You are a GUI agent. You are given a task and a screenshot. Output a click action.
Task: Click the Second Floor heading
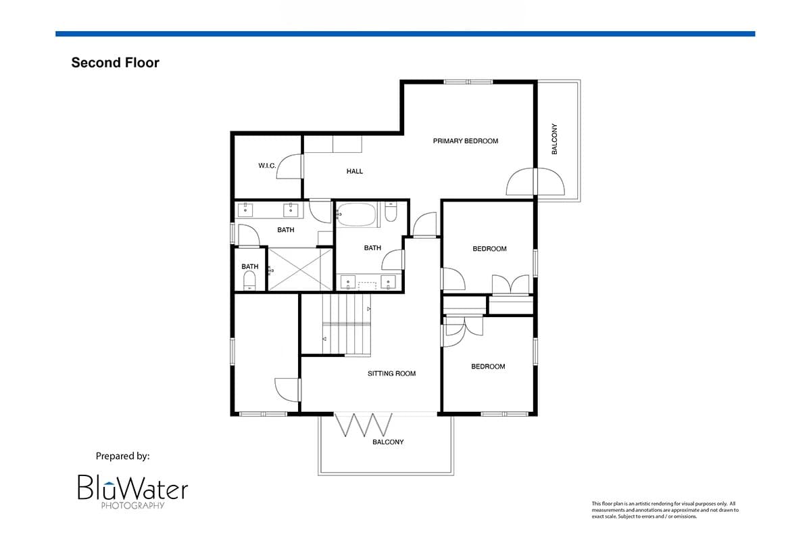tap(115, 63)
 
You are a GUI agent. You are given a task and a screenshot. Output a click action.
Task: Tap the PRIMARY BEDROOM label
tap(465, 141)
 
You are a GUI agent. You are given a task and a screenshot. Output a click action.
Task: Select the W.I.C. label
tap(267, 166)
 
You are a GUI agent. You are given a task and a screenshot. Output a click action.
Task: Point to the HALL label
tap(354, 171)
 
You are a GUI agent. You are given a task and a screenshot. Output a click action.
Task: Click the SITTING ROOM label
tap(391, 373)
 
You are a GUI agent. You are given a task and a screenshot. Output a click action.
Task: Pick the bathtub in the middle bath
tap(357, 215)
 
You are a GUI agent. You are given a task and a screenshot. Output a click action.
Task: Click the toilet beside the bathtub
tap(391, 212)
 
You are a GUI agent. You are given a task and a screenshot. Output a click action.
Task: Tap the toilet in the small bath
tap(249, 281)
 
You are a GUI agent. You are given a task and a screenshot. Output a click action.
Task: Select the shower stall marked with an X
tap(300, 269)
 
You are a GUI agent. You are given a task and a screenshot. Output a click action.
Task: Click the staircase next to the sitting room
tap(347, 325)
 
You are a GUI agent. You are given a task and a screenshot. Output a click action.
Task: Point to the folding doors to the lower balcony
tap(363, 425)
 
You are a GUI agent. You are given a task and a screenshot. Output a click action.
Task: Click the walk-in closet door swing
tap(289, 166)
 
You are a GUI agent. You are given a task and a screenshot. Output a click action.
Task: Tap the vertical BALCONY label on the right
tap(554, 139)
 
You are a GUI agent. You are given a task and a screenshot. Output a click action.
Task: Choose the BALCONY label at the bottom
tap(388, 442)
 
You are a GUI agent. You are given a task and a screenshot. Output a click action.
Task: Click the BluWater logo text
tap(133, 488)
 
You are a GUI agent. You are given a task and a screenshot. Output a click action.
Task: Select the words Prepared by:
tap(122, 456)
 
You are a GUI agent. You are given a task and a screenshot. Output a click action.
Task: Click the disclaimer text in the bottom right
tap(665, 510)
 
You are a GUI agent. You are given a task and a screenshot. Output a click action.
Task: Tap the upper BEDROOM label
tap(489, 249)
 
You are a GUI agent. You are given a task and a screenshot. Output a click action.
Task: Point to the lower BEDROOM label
tap(488, 367)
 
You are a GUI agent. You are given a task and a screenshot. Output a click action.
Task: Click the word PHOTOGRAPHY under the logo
tap(133, 505)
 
